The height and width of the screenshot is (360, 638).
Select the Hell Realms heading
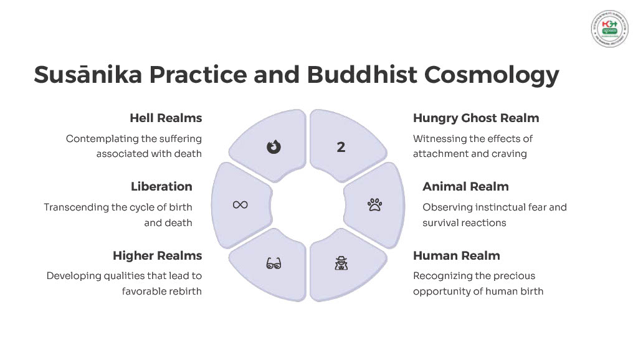[166, 118]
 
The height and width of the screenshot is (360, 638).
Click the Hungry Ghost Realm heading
[476, 118]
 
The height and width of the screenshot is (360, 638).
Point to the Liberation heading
[161, 186]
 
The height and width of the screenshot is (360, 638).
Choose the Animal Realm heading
[465, 186]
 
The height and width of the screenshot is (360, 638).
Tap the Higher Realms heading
[157, 255]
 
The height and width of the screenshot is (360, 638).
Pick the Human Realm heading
[456, 255]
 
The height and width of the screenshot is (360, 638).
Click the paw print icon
[374, 204]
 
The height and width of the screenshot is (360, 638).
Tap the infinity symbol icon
[240, 204]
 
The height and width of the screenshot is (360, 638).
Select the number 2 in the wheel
[341, 147]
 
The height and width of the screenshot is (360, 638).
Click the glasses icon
[274, 263]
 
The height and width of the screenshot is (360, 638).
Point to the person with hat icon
[341, 263]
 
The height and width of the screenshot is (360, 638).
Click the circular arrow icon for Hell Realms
[274, 147]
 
